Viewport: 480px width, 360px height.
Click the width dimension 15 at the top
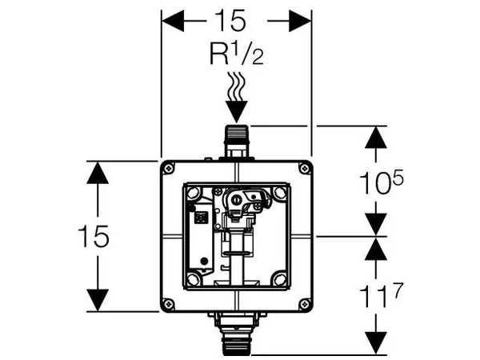click(230, 20)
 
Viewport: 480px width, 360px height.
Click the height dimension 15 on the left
click(94, 236)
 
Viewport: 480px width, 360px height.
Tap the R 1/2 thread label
click(236, 54)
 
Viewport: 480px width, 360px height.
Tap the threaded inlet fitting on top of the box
click(236, 142)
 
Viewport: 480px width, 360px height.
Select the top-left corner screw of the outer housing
click(168, 168)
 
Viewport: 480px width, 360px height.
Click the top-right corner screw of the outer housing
click(304, 168)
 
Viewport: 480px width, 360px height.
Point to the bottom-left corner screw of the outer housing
click(168, 304)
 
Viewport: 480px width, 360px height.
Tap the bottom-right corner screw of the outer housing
click(304, 304)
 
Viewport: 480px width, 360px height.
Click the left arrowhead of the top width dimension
click(173, 21)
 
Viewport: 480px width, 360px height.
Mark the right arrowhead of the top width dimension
click(300, 21)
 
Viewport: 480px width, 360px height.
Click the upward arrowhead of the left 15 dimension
click(98, 173)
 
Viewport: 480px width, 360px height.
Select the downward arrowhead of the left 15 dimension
click(98, 300)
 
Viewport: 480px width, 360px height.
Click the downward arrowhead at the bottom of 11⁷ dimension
click(376, 343)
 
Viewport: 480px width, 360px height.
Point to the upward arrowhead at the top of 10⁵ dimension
click(376, 138)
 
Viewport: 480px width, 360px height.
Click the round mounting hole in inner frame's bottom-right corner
click(280, 279)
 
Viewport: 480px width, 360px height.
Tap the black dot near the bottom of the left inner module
click(203, 261)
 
